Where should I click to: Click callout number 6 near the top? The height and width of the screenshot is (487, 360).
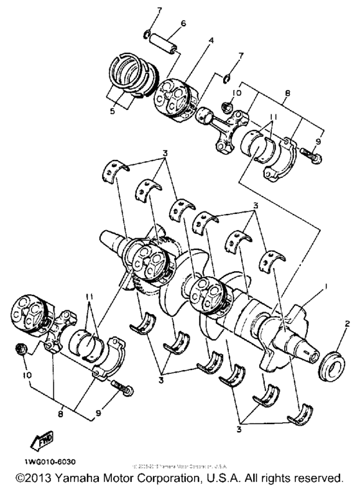point(183,24)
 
